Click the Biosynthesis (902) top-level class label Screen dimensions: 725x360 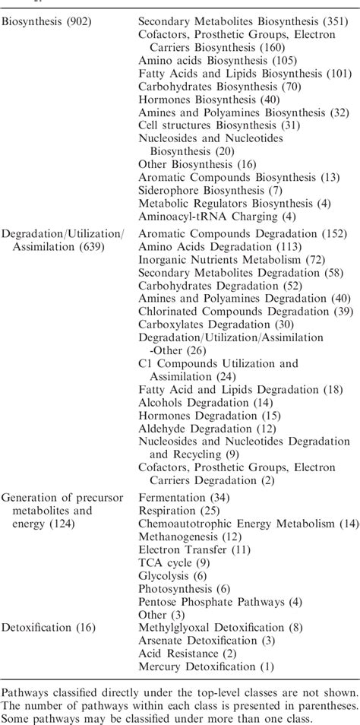coord(46,22)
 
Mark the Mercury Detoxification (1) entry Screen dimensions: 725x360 coord(206,666)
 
